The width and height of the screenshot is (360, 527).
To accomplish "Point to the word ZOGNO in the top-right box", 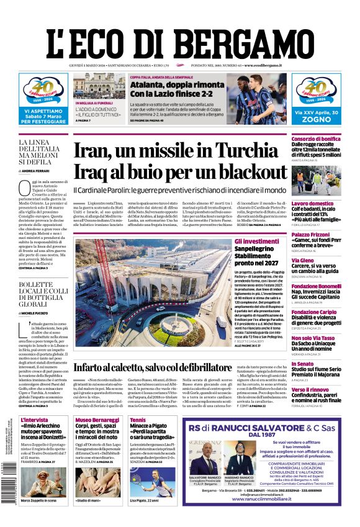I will (317, 122).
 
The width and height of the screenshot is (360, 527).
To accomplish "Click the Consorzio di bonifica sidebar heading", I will (316, 139).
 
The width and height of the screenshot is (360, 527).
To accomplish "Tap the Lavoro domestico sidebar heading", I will (312, 204).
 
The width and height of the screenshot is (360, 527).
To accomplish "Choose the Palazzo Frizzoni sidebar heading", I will (312, 235).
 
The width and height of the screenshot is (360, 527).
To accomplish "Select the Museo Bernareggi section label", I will (96, 420).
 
